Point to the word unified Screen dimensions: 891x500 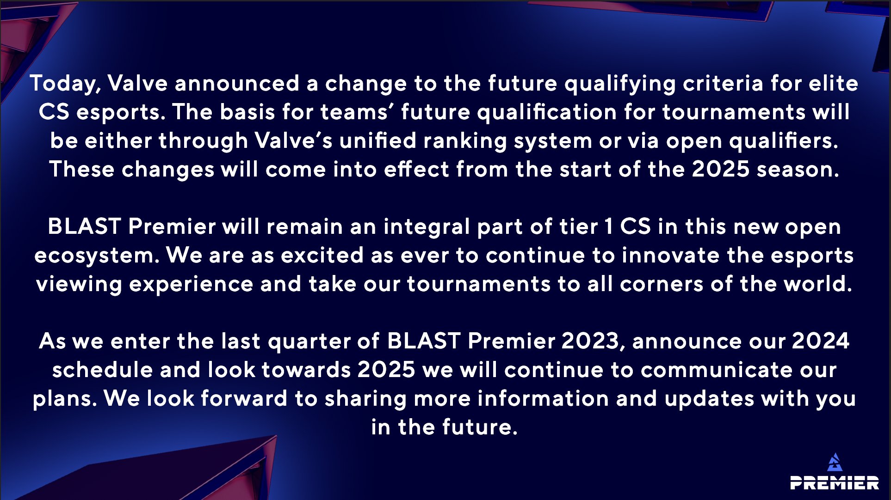coord(377,140)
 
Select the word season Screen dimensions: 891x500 coord(798,170)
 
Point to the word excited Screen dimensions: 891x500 coord(322,255)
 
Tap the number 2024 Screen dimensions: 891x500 coord(821,341)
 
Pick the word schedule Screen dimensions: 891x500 coord(102,370)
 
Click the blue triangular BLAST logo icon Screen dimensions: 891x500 coord(835,463)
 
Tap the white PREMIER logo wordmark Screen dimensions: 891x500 coord(835,483)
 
